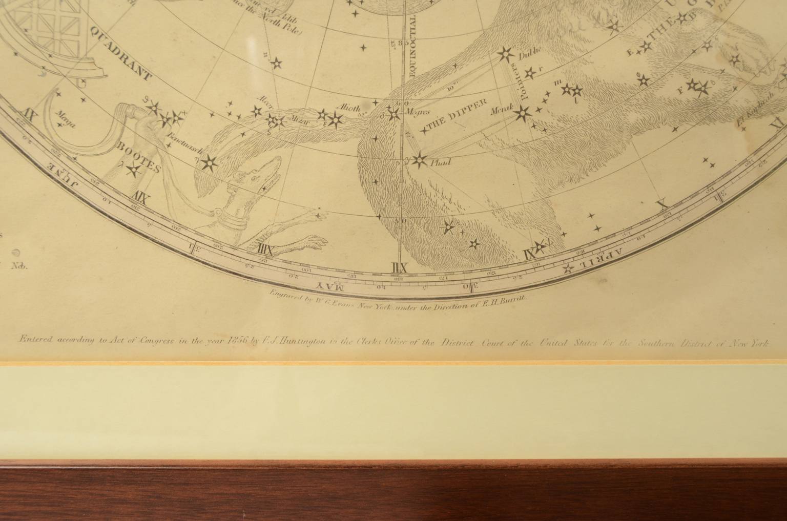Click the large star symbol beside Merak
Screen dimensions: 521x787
[523, 113]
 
